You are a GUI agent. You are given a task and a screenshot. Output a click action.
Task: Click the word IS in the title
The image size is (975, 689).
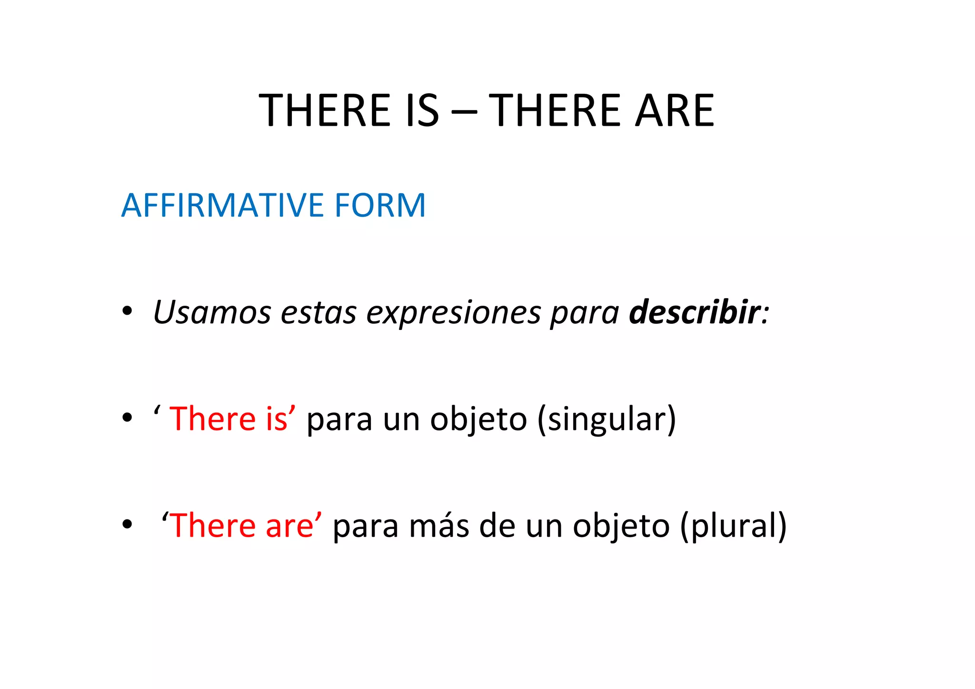click(x=421, y=110)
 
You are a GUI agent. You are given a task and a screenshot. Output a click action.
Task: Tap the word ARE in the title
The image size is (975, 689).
click(x=675, y=110)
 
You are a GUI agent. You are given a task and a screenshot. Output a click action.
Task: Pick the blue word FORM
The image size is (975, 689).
click(x=379, y=205)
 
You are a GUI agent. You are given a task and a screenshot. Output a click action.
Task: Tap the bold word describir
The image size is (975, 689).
click(x=694, y=312)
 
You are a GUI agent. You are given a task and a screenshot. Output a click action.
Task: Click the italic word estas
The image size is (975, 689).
click(x=318, y=313)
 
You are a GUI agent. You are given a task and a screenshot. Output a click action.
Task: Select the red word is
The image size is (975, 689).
click(x=277, y=419)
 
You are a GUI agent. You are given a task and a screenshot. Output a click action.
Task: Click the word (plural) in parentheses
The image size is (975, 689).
click(x=733, y=527)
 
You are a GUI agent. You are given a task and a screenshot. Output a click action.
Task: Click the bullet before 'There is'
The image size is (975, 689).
click(x=127, y=418)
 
